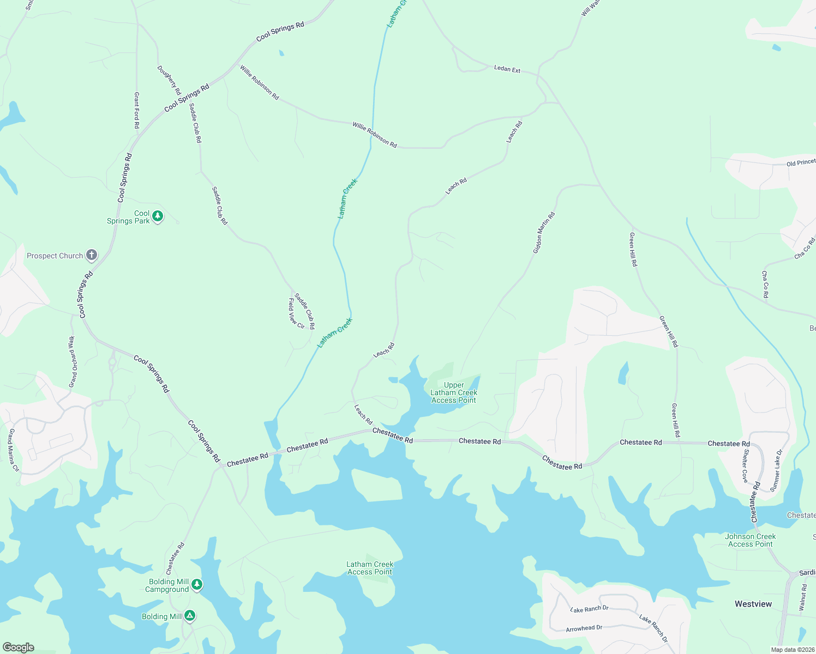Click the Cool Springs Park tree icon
[x=158, y=216]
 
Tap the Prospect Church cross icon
[x=92, y=255]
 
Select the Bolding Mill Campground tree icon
[x=197, y=585]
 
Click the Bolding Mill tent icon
[x=189, y=616]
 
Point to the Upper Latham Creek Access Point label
[x=454, y=392]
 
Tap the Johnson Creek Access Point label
[x=750, y=540]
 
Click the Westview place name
[x=753, y=604]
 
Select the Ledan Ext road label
[x=507, y=69]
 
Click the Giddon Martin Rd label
[x=544, y=233]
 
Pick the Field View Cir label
[x=296, y=313]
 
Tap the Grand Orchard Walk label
[x=72, y=362]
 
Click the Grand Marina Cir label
[x=13, y=450]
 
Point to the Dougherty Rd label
[x=169, y=81]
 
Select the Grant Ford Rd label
[x=136, y=110]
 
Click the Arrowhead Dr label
[x=584, y=628]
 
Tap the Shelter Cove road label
[x=745, y=465]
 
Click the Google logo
[x=18, y=647]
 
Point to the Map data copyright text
[x=793, y=650]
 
